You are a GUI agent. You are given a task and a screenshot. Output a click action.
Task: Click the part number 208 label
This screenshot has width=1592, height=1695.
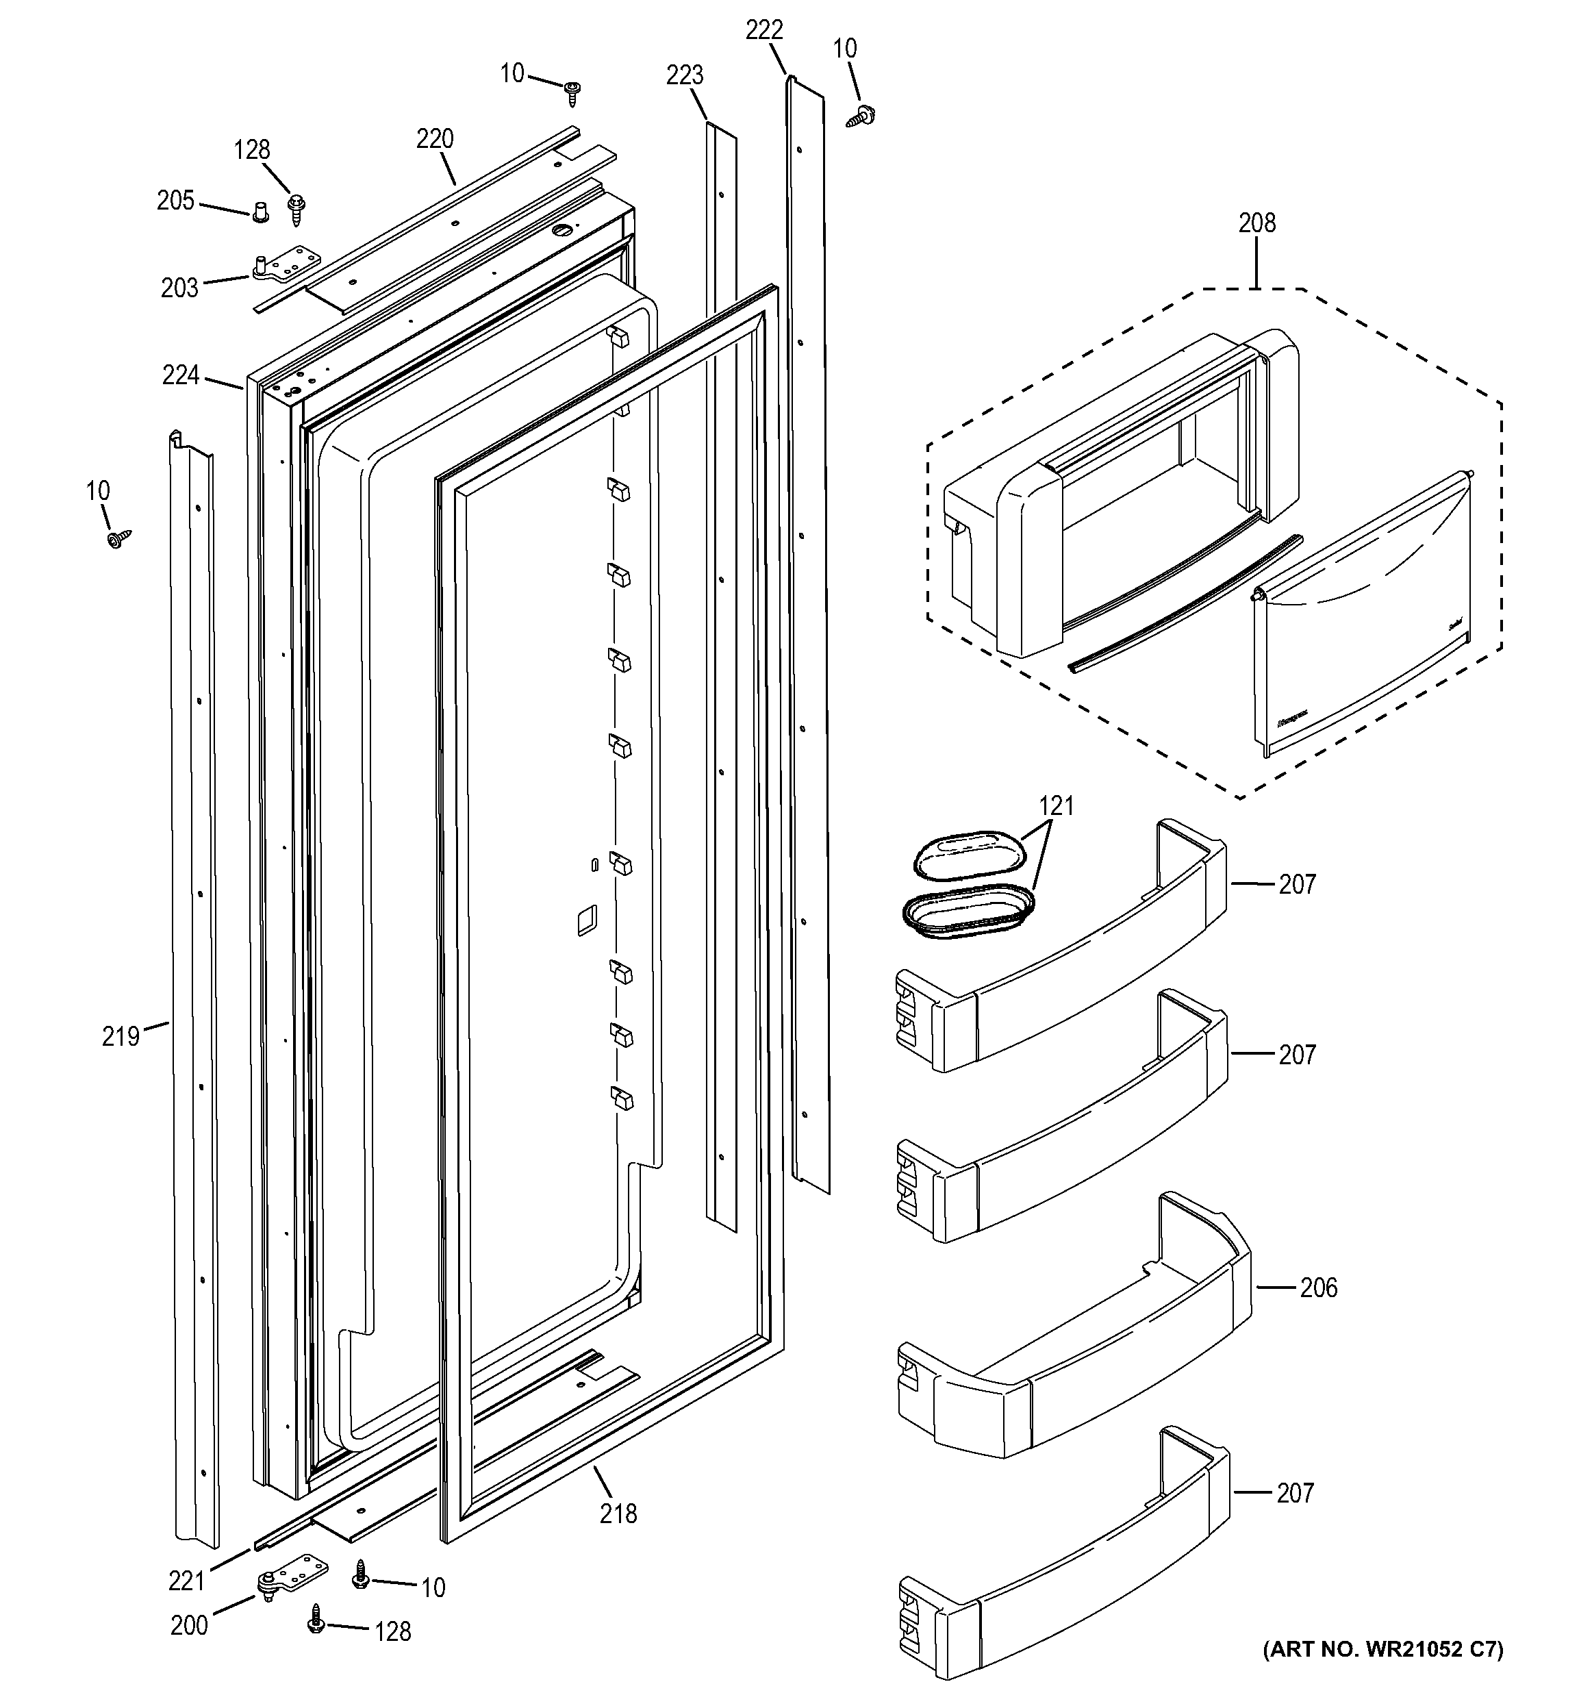click(1256, 223)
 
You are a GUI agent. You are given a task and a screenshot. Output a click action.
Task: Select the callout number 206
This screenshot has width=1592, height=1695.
click(1317, 1288)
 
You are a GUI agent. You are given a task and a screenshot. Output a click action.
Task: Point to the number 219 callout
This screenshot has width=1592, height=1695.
click(120, 1036)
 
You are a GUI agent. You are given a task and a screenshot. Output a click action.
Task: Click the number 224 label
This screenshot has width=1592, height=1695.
click(181, 375)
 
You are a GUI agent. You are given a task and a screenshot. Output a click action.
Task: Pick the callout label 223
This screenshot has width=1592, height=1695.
click(684, 76)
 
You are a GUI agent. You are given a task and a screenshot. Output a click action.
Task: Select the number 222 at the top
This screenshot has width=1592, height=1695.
click(763, 31)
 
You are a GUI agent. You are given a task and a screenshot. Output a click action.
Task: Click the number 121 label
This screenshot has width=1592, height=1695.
click(1056, 805)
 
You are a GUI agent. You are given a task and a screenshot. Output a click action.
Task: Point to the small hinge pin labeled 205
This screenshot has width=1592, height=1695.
click(260, 210)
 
